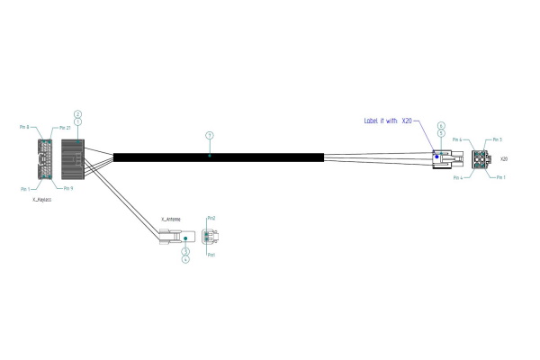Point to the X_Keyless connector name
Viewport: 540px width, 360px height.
pyautogui.click(x=42, y=199)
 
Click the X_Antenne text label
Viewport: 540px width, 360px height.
pyautogui.click(x=170, y=219)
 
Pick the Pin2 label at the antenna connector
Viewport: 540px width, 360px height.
pyautogui.click(x=211, y=219)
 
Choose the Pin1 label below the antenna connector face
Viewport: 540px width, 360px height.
pyautogui.click(x=211, y=256)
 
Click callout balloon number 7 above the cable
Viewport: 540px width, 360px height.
pyautogui.click(x=209, y=135)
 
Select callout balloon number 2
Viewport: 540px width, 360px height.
pyautogui.click(x=78, y=113)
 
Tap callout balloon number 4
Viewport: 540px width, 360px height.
pyautogui.click(x=185, y=259)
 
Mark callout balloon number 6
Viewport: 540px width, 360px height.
pyautogui.click(x=441, y=125)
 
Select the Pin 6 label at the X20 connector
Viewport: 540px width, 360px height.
pyautogui.click(x=457, y=140)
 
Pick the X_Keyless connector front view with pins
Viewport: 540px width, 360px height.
pyautogui.click(x=44, y=158)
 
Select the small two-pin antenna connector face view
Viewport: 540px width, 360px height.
pyautogui.click(x=209, y=237)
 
